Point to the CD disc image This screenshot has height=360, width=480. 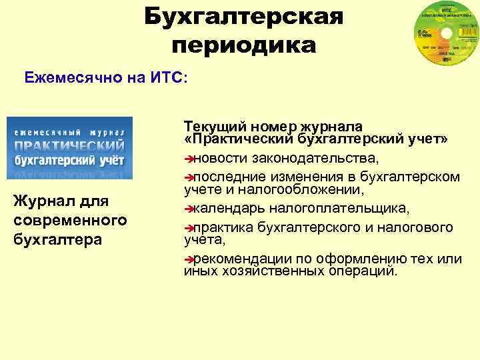(441, 40)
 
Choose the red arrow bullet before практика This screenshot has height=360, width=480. (188, 228)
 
